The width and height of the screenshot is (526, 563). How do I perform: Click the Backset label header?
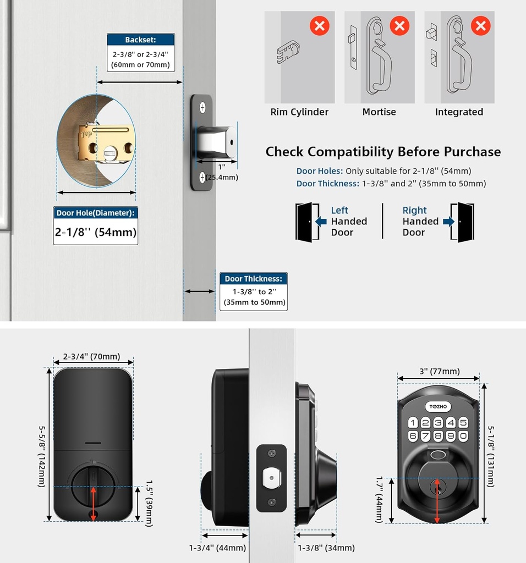[140, 40]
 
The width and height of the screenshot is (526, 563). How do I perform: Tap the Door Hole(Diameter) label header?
[96, 213]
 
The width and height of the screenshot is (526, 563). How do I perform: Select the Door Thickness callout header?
[253, 279]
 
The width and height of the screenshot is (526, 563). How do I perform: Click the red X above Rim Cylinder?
[320, 25]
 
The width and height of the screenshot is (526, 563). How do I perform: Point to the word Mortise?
[379, 112]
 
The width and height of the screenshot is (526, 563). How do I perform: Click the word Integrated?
[459, 112]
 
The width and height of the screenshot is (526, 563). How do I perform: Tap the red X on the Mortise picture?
[400, 25]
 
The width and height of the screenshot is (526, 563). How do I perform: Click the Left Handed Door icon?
[307, 222]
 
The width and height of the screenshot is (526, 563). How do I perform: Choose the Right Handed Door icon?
[462, 222]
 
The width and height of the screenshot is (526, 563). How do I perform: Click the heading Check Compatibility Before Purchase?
[383, 152]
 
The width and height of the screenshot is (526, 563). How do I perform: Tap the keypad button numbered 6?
[413, 436]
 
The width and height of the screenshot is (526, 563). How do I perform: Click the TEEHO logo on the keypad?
[439, 406]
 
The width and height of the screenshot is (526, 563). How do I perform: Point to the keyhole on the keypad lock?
[438, 484]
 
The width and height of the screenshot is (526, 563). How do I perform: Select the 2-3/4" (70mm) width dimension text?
[91, 356]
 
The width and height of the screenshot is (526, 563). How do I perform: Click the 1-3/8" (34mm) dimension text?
[326, 548]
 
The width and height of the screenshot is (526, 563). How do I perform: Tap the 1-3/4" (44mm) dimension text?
[217, 548]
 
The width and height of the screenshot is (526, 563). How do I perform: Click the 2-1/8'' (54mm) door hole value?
[96, 232]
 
